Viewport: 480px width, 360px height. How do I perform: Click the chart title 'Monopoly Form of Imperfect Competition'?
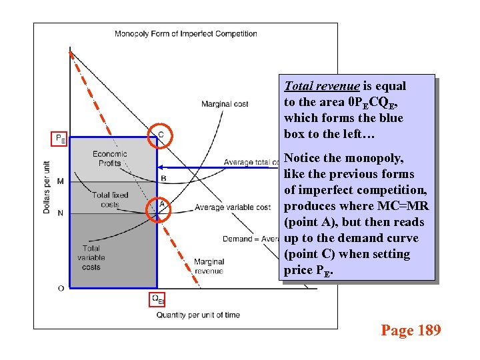pos(185,34)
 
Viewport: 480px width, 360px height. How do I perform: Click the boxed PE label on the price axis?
pos(59,139)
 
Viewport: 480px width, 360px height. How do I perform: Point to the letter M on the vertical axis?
pos(61,181)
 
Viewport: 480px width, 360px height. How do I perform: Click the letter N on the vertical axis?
pos(61,213)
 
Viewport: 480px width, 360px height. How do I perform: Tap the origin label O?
pos(61,288)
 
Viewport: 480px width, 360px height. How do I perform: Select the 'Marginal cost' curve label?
pos(225,104)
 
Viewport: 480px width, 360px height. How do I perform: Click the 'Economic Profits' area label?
pos(110,159)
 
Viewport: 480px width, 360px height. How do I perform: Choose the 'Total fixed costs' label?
pos(110,200)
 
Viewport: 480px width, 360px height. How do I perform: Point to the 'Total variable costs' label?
pos(91,258)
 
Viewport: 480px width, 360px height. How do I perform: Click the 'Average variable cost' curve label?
pos(233,208)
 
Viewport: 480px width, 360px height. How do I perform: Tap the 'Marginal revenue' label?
pos(209,267)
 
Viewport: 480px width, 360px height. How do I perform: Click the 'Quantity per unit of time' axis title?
pos(198,315)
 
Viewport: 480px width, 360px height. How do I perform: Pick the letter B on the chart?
pos(163,178)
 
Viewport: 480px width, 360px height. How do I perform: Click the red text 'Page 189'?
pos(411,330)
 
